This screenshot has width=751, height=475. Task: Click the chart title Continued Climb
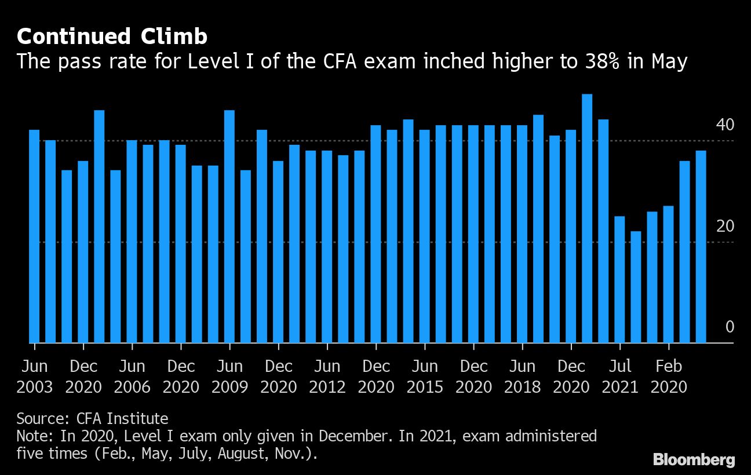(112, 37)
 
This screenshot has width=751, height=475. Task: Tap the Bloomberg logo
(694, 460)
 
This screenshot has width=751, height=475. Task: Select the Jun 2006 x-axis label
(132, 377)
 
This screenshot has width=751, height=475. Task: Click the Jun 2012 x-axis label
(327, 377)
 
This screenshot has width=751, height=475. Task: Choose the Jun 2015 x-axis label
(425, 377)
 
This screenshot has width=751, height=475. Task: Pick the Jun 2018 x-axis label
(522, 377)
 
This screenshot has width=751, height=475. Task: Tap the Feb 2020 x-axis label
(669, 377)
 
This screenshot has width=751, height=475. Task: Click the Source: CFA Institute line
(92, 418)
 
